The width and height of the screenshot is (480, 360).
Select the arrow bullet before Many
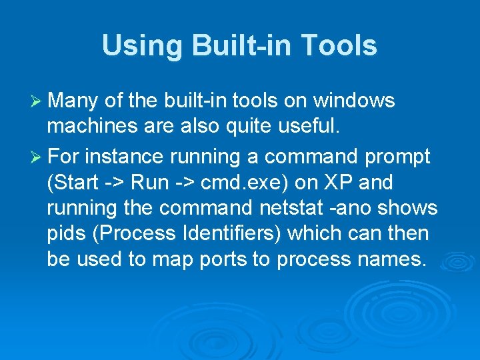coord(37,101)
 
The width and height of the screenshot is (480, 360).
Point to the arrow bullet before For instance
coord(37,157)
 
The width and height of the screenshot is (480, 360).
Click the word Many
coord(73,101)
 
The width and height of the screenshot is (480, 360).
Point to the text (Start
coord(73,182)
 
